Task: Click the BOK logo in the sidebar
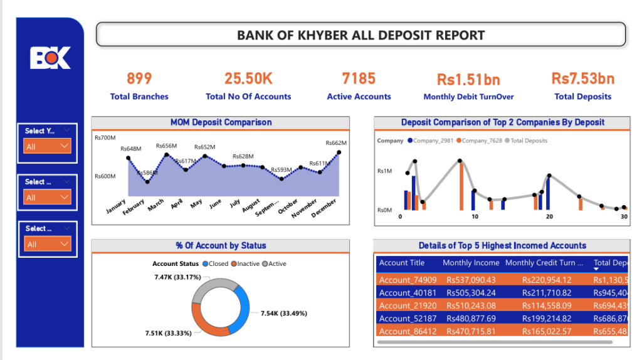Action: tap(50, 58)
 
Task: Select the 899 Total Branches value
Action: tap(139, 78)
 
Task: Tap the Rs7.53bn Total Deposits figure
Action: tap(582, 78)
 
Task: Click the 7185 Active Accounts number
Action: tap(359, 78)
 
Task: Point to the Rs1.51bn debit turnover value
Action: tap(468, 80)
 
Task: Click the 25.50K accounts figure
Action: tap(248, 78)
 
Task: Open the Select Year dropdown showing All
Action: tap(48, 146)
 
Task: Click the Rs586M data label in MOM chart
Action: tap(147, 172)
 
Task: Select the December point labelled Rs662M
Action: tap(339, 152)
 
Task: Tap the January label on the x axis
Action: tap(116, 206)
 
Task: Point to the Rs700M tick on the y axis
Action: tap(105, 137)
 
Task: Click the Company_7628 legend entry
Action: tap(480, 140)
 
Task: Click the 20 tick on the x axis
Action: tap(549, 216)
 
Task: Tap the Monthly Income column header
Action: tap(471, 263)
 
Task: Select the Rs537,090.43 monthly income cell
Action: tap(471, 280)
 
